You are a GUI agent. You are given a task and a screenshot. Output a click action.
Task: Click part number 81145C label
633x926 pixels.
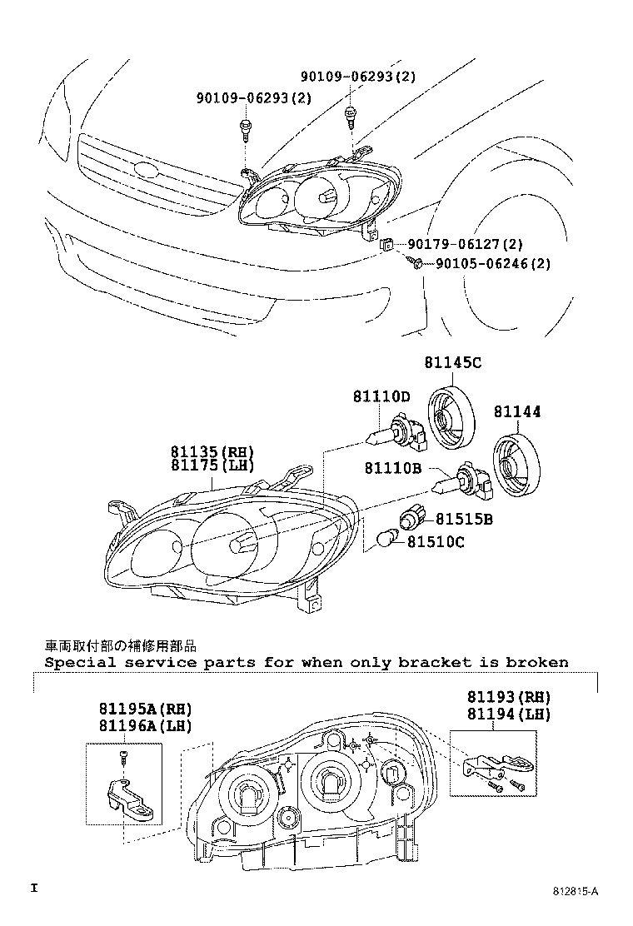pos(452,363)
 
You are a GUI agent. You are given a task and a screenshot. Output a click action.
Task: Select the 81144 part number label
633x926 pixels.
pos(516,411)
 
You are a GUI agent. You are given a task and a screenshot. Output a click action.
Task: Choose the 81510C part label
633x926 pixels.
pos(436,543)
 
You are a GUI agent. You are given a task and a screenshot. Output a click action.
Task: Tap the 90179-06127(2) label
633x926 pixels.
pos(465,244)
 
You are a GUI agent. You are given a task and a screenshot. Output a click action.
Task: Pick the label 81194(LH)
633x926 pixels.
pos(508,714)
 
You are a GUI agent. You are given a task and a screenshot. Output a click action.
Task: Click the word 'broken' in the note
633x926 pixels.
pos(541,663)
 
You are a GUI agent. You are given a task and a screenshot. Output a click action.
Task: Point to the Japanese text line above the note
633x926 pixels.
pos(122,645)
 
